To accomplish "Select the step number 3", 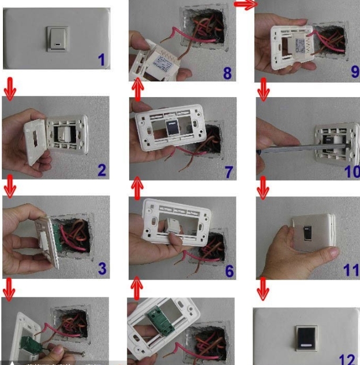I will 102,268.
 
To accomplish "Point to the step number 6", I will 229,271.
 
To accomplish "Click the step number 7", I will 229,172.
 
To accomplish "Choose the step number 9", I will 353,72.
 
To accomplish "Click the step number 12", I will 347,358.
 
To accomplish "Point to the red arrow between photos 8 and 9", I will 245,5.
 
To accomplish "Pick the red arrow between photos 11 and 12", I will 263,289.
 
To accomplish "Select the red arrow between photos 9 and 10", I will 264,89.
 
